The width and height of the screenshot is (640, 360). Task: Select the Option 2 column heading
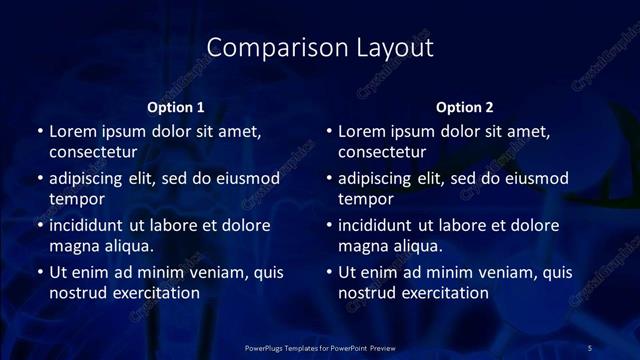point(465,107)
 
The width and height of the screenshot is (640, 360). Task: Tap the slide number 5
point(590,347)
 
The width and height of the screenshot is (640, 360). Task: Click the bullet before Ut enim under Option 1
point(39,272)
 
